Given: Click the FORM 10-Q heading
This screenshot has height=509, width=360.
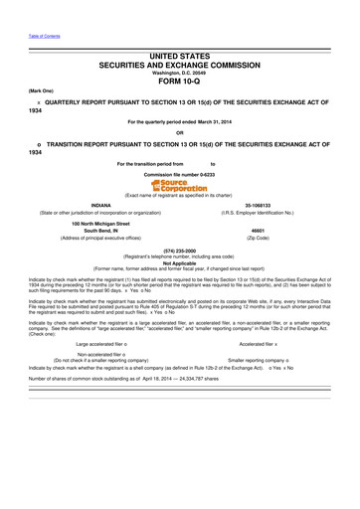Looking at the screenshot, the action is click(x=180, y=82).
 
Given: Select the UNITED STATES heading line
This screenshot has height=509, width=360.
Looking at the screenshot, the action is click(x=180, y=61).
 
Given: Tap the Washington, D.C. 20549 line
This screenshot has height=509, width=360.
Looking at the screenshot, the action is click(x=180, y=73).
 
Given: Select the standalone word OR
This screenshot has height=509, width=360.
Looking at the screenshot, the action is click(x=180, y=132).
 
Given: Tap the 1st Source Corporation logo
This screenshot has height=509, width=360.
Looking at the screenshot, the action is click(x=180, y=186).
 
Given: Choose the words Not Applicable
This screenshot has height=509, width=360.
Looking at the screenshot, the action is click(x=180, y=262).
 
